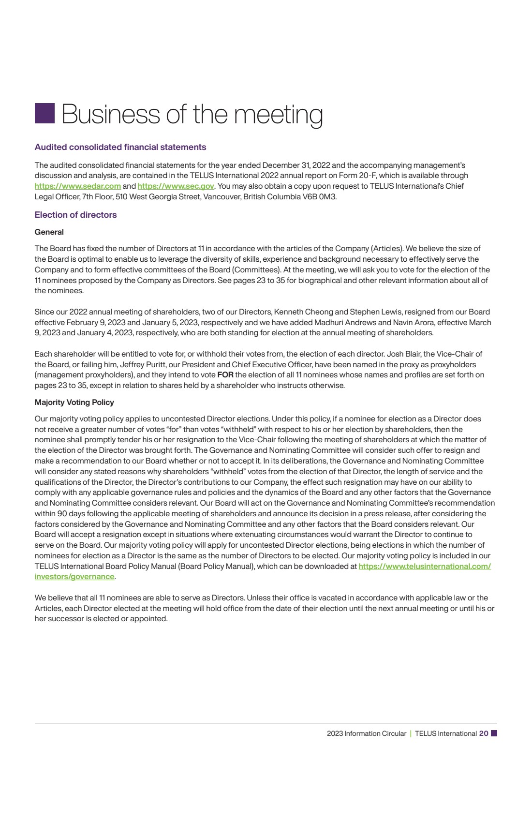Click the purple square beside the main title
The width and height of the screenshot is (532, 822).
[x=44, y=113]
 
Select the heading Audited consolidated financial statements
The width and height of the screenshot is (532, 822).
[x=120, y=147]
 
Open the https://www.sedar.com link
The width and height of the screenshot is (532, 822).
[x=77, y=186]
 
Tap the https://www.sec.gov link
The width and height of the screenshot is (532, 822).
[x=176, y=186]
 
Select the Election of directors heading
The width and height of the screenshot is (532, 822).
[x=75, y=215]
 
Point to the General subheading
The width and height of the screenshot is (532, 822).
[x=49, y=232]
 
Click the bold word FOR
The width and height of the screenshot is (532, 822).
[x=225, y=375]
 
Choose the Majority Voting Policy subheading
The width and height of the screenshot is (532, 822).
[x=74, y=403]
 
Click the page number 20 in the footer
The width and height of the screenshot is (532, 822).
[x=484, y=733]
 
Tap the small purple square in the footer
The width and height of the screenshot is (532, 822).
[x=494, y=733]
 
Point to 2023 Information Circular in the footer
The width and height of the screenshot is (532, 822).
[x=366, y=733]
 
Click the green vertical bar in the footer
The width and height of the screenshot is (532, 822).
[x=411, y=733]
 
